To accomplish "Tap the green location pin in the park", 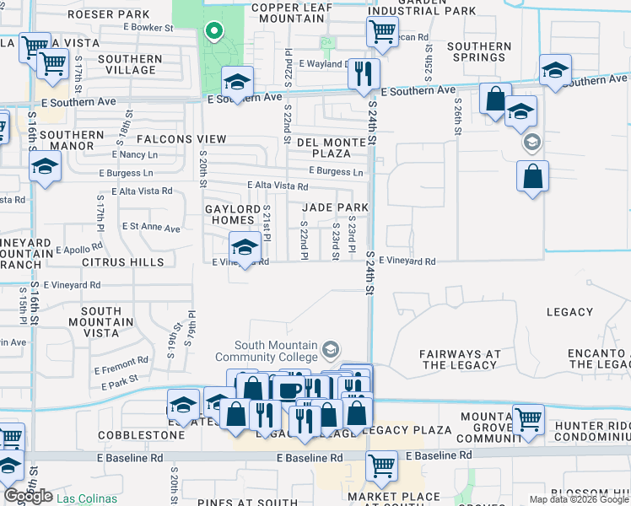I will (x=214, y=33).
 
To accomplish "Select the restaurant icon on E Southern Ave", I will (x=364, y=73).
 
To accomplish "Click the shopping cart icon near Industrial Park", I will (x=382, y=32).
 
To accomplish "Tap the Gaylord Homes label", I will (x=233, y=214).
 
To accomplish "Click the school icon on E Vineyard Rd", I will (x=244, y=247).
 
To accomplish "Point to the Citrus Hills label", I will (x=123, y=262).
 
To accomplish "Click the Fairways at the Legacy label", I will (x=459, y=359).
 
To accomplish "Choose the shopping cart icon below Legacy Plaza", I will (x=381, y=464).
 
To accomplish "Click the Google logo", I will (x=28, y=496).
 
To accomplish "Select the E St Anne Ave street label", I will (x=151, y=228).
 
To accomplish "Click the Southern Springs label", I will (x=479, y=52).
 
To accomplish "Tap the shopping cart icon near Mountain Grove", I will (x=528, y=418).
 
